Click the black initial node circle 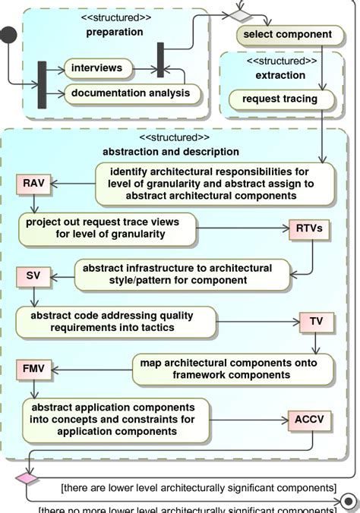click(8, 34)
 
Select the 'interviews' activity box click(96, 68)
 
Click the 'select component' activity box click(287, 34)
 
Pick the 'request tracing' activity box click(273, 99)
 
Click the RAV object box click(33, 183)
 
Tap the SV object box click(33, 275)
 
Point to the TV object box click(316, 321)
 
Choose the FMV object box click(34, 370)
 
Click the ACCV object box click(308, 420)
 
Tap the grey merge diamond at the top click(240, 14)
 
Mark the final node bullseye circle click(349, 502)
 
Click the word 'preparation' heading click(114, 32)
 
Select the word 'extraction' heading click(280, 75)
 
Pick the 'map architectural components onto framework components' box click(233, 369)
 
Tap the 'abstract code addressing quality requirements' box click(112, 321)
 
